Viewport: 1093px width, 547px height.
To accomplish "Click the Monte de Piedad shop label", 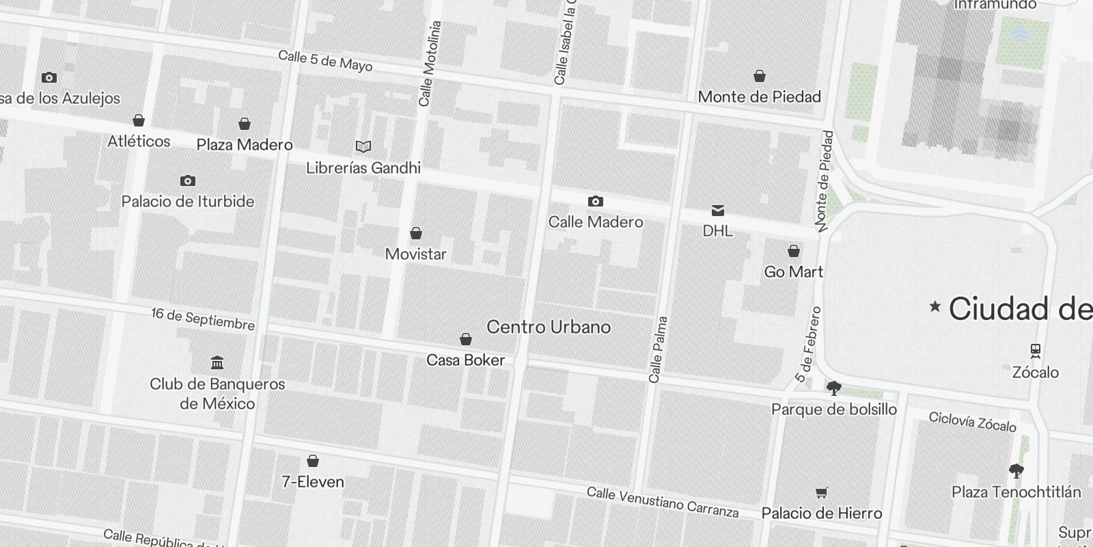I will click(x=759, y=97).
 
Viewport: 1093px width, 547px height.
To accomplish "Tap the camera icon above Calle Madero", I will click(x=595, y=201).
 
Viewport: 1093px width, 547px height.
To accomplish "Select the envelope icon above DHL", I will click(x=717, y=210).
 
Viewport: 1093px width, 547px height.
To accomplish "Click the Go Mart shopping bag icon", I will click(x=793, y=251).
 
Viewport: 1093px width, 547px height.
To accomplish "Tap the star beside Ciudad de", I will click(x=935, y=307).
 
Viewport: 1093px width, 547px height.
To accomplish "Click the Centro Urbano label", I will click(x=548, y=327).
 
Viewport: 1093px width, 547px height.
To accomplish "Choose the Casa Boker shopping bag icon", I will click(x=465, y=339).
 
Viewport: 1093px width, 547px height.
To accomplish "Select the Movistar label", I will click(x=415, y=254).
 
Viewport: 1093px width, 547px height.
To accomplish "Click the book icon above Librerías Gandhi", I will click(x=363, y=146).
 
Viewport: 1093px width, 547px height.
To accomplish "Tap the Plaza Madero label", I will click(x=245, y=145).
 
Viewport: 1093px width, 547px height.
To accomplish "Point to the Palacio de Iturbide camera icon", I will click(x=187, y=181).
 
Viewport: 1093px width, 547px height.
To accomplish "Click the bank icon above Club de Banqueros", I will click(x=217, y=362).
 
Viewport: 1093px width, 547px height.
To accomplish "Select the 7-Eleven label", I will click(x=313, y=482).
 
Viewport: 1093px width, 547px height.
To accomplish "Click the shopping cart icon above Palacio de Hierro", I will click(x=822, y=492).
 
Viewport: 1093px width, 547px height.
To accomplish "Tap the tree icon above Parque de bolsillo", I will click(x=833, y=388).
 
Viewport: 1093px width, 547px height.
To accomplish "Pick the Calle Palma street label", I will click(x=658, y=349).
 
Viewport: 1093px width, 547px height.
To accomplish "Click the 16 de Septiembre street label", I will click(x=203, y=319).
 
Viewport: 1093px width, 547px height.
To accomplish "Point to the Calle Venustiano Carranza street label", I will click(x=663, y=503).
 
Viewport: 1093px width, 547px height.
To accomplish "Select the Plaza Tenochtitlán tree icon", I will click(x=1016, y=470).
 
